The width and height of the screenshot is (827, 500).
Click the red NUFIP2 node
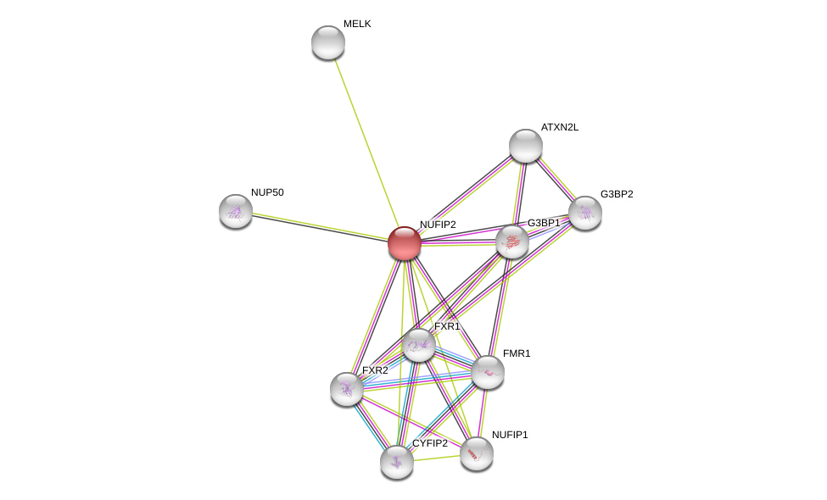point(405,243)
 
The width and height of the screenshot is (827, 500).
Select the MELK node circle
point(328,42)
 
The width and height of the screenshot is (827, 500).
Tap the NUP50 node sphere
point(236,211)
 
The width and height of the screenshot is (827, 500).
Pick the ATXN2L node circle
point(526,146)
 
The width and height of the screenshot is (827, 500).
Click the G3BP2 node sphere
point(585,213)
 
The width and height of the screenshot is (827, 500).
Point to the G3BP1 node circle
point(512,242)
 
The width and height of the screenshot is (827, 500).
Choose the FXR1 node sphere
point(419,345)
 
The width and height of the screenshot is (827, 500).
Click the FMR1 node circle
point(488,372)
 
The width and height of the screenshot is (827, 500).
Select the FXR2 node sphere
point(347,389)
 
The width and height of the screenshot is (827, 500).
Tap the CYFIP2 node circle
point(397,462)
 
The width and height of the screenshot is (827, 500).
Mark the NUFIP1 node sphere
point(477,453)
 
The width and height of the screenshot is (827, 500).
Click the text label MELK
point(357,24)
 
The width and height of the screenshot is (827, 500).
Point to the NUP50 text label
point(267,192)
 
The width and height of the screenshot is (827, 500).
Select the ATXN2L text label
point(560,127)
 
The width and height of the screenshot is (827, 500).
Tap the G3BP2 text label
point(617,194)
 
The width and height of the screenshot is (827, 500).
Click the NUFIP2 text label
point(438,225)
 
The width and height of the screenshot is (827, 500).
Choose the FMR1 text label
point(517,353)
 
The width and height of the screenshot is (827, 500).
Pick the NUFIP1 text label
point(510,435)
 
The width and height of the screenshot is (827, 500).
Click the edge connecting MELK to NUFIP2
point(366,142)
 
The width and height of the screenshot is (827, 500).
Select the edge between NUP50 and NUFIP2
point(320,227)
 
